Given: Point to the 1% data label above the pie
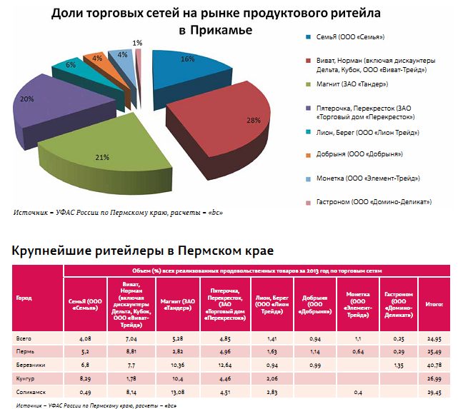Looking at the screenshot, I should (x=136, y=43).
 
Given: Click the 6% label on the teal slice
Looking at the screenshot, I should (x=71, y=64).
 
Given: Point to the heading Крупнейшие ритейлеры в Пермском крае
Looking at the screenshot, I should (x=144, y=251).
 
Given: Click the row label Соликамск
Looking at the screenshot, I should (x=30, y=390).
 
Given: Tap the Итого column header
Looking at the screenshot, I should (x=435, y=304).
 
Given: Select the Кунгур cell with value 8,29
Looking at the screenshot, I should (x=85, y=377).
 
